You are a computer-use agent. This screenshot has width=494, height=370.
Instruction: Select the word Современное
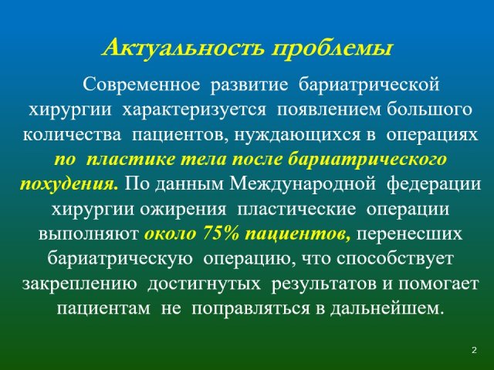[141, 84]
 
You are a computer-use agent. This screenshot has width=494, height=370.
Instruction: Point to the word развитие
[249, 85]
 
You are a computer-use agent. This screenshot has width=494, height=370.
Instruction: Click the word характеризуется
[194, 110]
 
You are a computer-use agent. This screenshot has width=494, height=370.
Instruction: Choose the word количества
[72, 135]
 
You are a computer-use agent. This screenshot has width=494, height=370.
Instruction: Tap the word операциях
[432, 136]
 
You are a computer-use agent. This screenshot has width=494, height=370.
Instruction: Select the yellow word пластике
[130, 160]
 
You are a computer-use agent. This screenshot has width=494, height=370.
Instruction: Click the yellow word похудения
[69, 184]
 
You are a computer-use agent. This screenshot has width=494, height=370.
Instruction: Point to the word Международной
[302, 184]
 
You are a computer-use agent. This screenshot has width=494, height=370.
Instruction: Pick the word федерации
[434, 184]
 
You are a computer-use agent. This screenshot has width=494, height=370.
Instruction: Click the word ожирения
[183, 210]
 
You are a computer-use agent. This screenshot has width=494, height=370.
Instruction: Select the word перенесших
[410, 234]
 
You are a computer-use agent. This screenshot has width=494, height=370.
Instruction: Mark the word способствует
[394, 259]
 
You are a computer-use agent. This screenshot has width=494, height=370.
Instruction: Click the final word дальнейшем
[384, 309]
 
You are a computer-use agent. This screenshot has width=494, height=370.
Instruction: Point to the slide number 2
[475, 350]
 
